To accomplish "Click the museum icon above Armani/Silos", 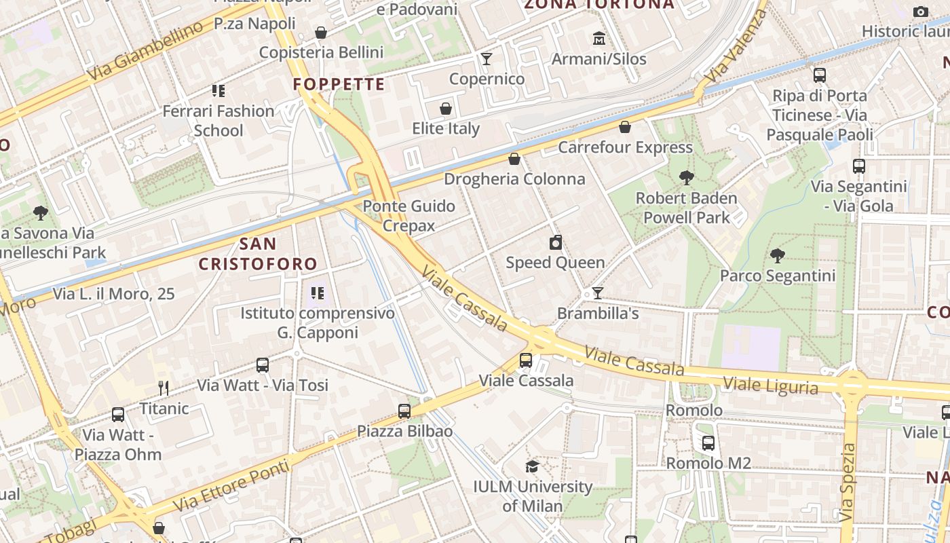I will tap(598, 38).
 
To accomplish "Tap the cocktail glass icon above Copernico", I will tap(487, 58).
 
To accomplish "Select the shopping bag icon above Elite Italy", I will tap(446, 109).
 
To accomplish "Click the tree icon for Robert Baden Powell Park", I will tap(686, 178).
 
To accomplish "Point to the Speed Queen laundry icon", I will tap(556, 242).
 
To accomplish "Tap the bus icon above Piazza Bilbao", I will tap(404, 411).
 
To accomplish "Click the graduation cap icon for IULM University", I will tap(532, 466).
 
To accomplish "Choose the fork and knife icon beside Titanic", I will tap(163, 388).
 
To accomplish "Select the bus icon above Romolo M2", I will tap(708, 443).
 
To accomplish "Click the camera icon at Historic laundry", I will tap(921, 12).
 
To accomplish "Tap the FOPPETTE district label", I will tap(339, 85).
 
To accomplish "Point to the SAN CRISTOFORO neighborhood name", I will tap(258, 254).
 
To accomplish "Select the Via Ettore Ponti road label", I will tap(231, 487).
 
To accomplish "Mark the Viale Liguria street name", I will tap(770, 386).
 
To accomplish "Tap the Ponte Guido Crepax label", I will tap(408, 215).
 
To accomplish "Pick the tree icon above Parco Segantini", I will tap(778, 256).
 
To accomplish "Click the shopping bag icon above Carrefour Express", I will tap(625, 127).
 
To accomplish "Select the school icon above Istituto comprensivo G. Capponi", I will tap(317, 293).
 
